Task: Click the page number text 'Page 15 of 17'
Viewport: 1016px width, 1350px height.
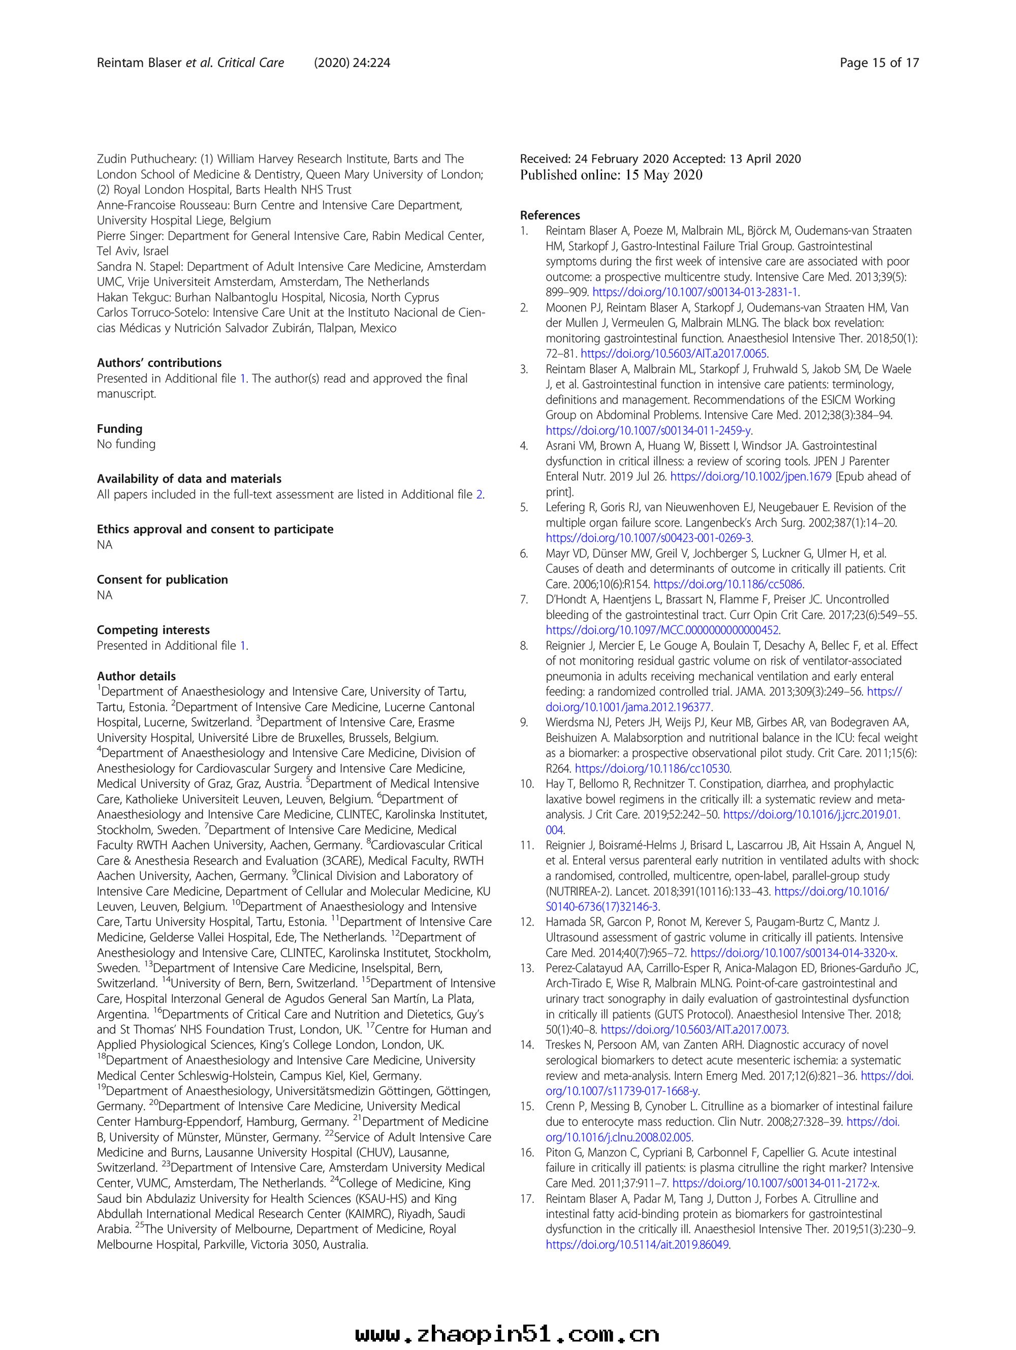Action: coord(879,63)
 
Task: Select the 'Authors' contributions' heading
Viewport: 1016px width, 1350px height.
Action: coord(160,362)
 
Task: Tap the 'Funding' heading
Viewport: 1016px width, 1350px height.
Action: coord(119,428)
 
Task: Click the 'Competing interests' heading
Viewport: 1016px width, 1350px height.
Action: coord(153,630)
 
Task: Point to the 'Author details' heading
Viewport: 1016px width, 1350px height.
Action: coord(136,676)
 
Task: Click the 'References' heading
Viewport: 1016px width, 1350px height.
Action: coord(550,215)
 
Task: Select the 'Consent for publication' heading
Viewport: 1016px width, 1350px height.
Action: coord(163,579)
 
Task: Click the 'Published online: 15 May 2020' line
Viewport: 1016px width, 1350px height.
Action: coord(611,175)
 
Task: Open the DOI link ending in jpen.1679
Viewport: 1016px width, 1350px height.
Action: coord(750,477)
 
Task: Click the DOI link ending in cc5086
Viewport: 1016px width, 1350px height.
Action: coord(728,584)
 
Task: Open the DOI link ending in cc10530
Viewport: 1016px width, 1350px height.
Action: coord(653,768)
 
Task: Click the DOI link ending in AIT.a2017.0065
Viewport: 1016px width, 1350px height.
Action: coord(674,353)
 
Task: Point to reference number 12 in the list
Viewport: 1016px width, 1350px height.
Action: coord(527,922)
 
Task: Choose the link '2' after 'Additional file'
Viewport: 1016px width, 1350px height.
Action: coord(479,494)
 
